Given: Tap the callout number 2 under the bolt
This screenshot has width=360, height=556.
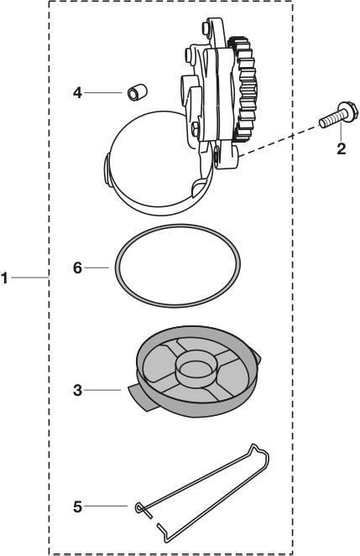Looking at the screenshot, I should (340, 149).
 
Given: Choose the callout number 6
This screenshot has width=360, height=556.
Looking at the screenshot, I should (78, 267).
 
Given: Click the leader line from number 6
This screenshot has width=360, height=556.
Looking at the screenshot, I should (99, 267).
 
